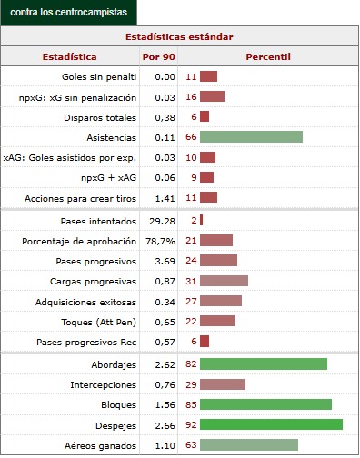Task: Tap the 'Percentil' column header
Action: tap(267, 56)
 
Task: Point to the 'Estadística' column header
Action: tap(70, 56)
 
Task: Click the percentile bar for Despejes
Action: tap(271, 424)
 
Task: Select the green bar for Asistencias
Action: tap(251, 136)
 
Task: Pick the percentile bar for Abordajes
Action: tap(264, 364)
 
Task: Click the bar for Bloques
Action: tap(265, 404)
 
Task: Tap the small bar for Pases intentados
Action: tap(201, 221)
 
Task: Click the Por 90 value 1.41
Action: tap(164, 196)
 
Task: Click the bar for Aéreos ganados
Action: tap(249, 445)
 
